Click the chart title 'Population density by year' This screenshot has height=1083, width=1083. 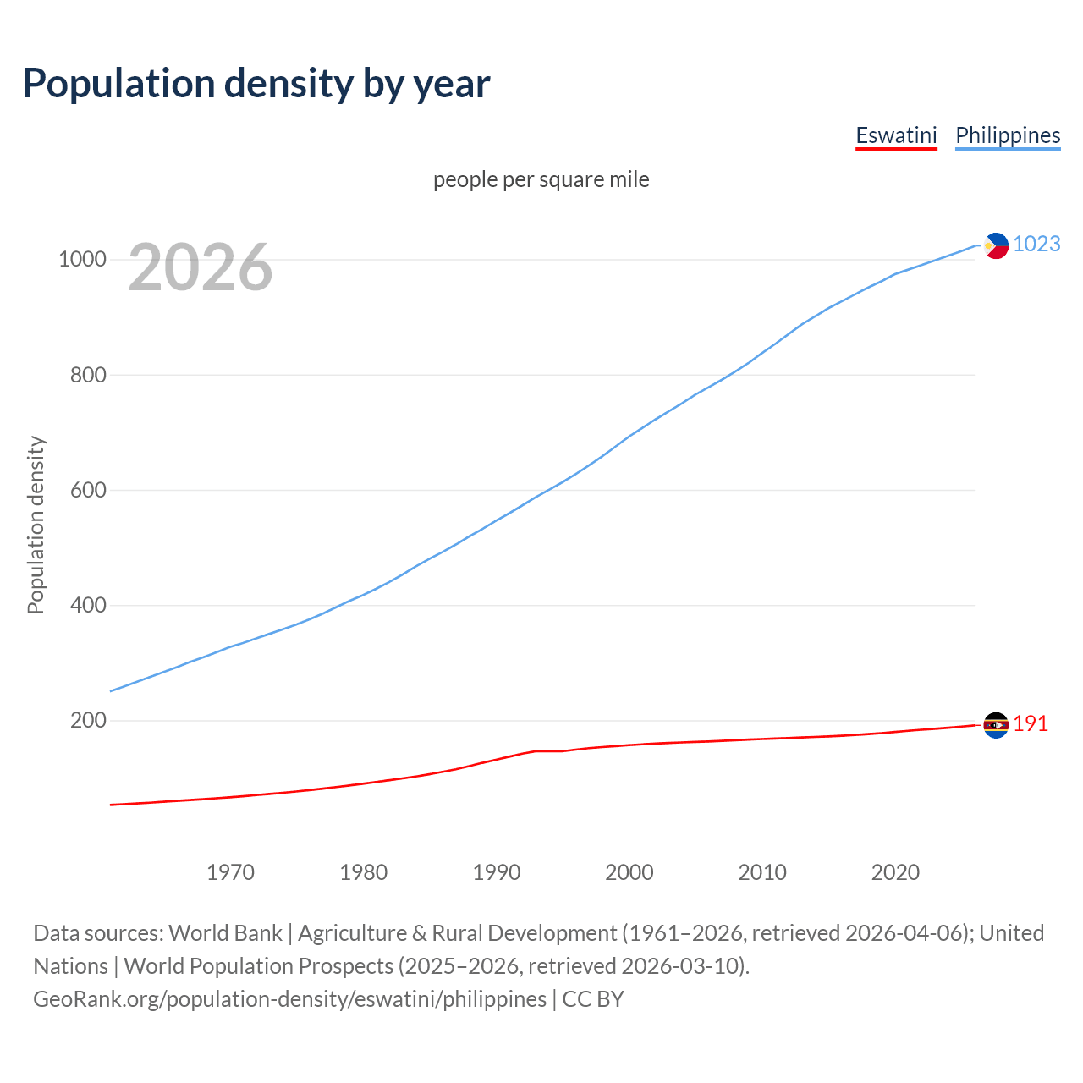coord(256,84)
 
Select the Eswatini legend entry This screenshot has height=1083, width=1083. coord(896,135)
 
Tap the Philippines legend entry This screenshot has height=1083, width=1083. coord(1008,135)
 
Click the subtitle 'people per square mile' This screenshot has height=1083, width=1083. coord(541,180)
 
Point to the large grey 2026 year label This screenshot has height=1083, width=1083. coord(201,267)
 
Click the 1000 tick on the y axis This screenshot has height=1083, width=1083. coord(82,260)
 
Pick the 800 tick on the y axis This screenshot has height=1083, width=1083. coord(88,375)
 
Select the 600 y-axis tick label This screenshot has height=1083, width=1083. coord(88,491)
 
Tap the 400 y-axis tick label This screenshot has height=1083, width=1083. coord(88,606)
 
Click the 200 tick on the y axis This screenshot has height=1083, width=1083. coord(88,721)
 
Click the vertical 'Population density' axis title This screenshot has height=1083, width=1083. coord(36,525)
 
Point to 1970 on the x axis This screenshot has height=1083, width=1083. coord(230,872)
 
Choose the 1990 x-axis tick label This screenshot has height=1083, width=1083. coord(497,872)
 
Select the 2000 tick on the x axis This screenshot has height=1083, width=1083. coord(629,872)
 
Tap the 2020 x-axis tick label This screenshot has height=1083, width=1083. coord(895,872)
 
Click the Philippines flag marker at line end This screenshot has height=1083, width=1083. coord(996,245)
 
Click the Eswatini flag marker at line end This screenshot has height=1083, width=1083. coord(996,725)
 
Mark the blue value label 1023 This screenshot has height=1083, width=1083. coord(1036,245)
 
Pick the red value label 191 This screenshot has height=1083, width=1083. coord(1031,724)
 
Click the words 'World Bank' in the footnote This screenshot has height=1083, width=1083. coord(225,933)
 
